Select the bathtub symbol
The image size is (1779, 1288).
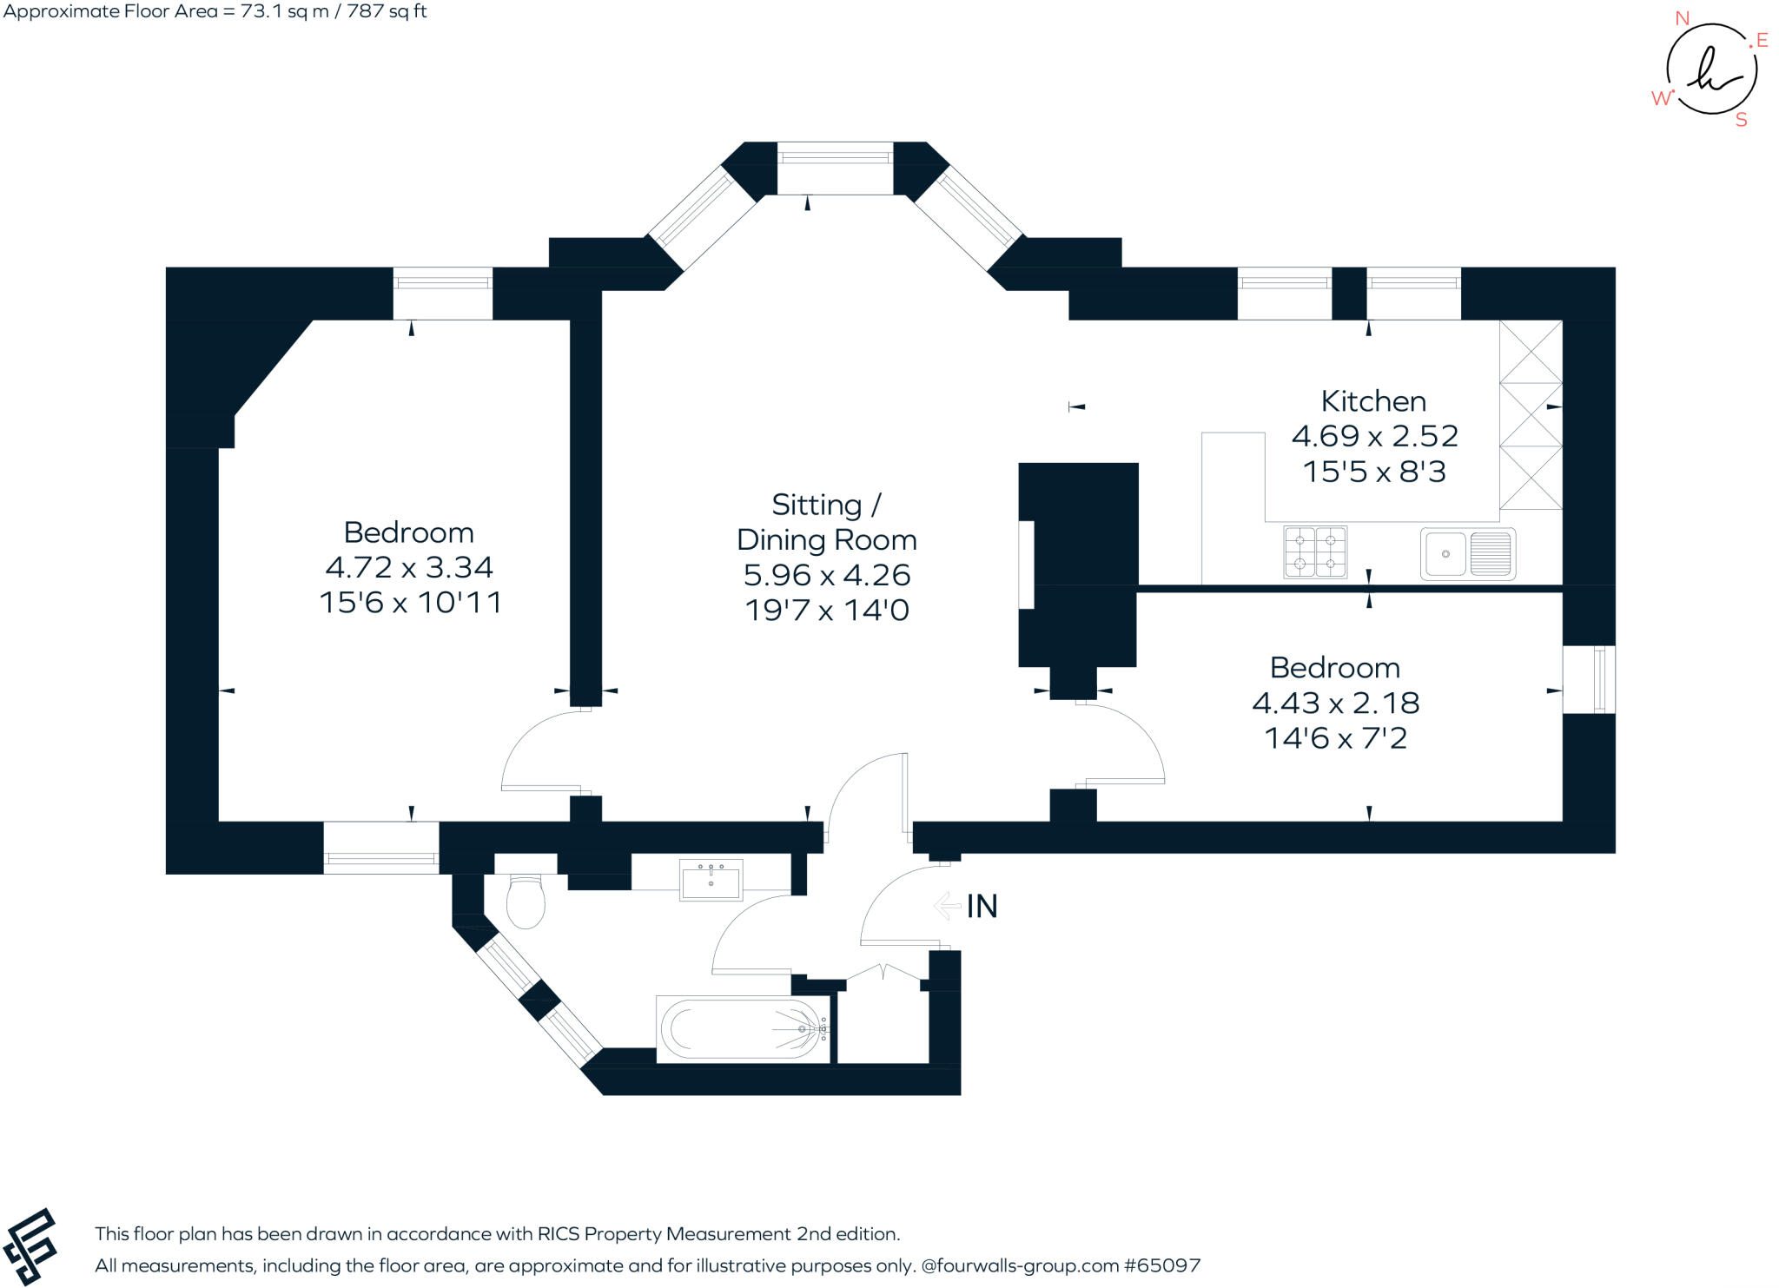point(744,1028)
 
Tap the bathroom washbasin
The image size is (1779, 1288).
point(711,880)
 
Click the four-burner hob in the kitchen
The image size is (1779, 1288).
point(1314,552)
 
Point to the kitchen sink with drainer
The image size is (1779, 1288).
point(1468,553)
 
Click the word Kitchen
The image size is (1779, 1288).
point(1373,401)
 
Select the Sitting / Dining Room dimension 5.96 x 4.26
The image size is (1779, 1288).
point(826,575)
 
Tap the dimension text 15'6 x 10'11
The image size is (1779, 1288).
point(410,603)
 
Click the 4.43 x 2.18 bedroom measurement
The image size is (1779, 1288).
point(1335,703)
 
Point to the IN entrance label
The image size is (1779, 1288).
point(982,907)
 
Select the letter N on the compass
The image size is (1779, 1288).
point(1682,18)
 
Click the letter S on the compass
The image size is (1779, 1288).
point(1741,121)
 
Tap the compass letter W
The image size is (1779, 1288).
point(1660,98)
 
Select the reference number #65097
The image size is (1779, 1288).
point(1162,1265)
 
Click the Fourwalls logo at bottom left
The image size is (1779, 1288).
point(30,1246)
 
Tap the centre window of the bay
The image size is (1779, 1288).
point(835,157)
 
